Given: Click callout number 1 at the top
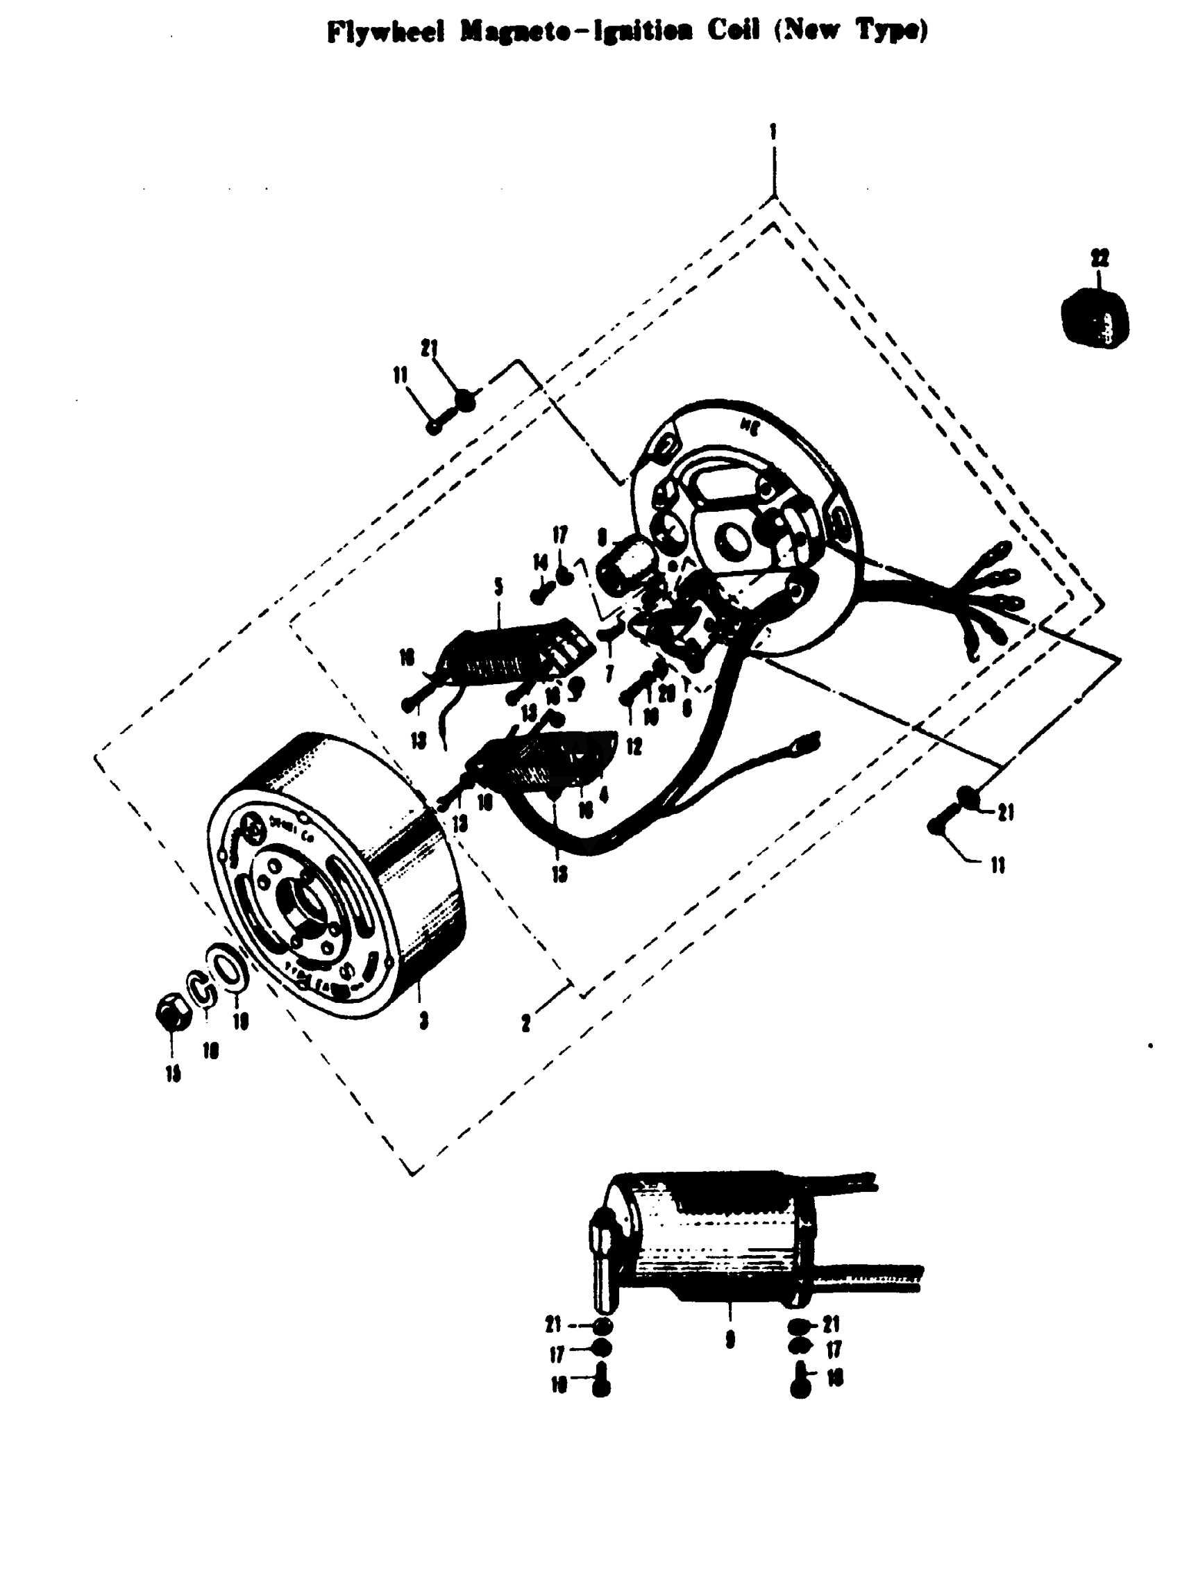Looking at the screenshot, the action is point(773,132).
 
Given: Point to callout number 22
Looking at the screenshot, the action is point(1100,258).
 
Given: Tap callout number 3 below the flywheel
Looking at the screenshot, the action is point(423,1022).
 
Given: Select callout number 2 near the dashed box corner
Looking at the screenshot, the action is point(526,1024).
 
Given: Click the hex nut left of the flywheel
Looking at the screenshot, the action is point(173,1012).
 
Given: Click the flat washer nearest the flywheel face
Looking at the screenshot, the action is point(228,968).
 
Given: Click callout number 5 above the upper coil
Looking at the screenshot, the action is point(498,587).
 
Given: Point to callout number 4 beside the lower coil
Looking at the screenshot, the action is point(605,795).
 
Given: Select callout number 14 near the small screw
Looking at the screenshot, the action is point(541,563).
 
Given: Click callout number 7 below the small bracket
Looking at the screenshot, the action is point(609,673).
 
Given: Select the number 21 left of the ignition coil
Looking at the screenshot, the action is point(554,1325).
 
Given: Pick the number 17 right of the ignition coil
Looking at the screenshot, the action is point(833,1349).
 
